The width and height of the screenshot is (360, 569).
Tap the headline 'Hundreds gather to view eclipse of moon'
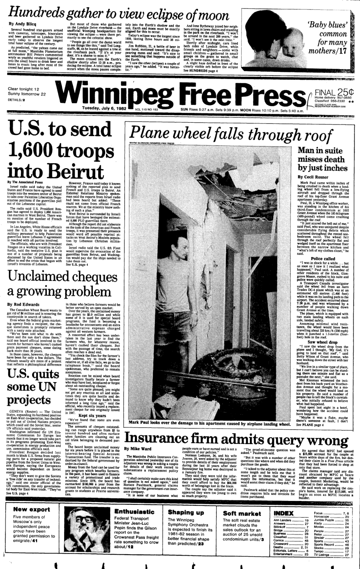point(119,14)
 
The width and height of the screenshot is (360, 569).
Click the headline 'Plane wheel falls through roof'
point(230,135)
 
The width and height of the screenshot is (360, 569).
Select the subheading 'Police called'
point(323,259)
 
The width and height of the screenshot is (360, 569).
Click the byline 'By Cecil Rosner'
point(313,177)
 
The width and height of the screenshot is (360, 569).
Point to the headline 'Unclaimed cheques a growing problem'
point(59,284)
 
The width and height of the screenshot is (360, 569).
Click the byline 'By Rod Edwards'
point(23,304)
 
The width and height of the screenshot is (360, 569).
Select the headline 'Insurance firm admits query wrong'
point(236,440)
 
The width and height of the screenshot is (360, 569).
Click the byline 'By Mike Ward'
point(138,449)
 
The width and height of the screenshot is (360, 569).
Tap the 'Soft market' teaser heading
point(242,514)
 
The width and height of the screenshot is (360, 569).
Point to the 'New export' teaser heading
point(32,509)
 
